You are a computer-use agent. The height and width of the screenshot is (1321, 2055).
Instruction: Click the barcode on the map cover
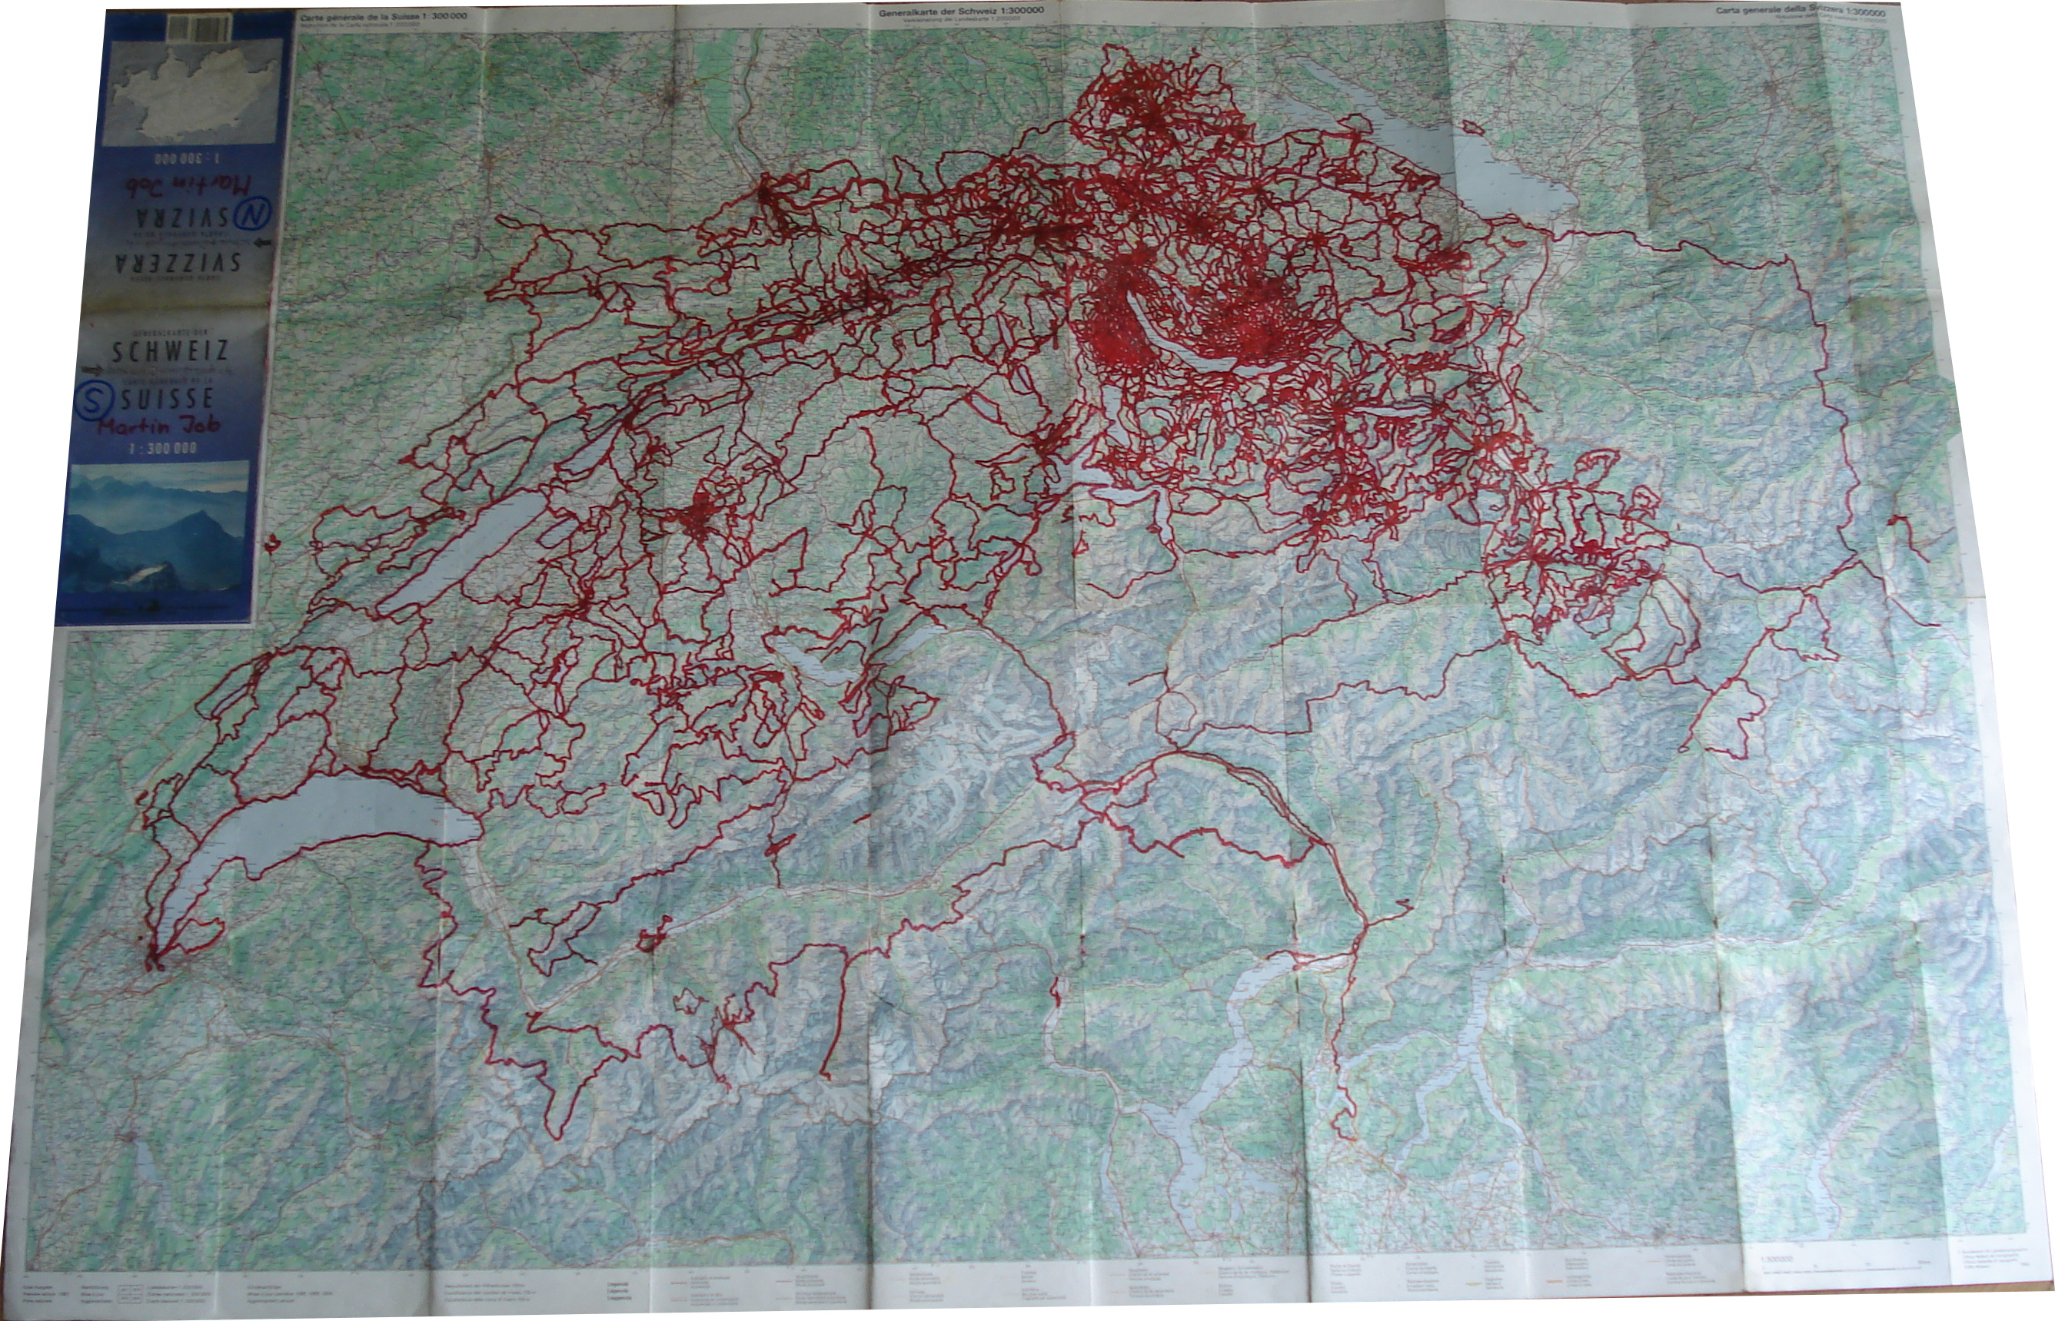(198, 30)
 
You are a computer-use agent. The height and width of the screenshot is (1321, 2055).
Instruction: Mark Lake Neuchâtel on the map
(464, 549)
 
